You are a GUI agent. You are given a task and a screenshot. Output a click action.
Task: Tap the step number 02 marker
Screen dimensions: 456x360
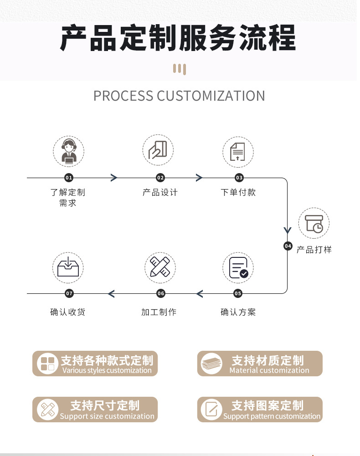click(160, 178)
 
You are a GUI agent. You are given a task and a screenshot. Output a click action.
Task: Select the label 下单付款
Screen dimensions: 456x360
click(238, 192)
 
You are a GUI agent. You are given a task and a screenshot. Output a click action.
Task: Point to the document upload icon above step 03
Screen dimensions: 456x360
click(238, 151)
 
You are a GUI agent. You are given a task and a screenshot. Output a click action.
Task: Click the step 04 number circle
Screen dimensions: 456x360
click(288, 246)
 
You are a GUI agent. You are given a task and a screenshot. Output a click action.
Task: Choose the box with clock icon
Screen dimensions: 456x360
click(314, 224)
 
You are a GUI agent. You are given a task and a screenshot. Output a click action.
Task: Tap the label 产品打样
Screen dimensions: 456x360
click(314, 250)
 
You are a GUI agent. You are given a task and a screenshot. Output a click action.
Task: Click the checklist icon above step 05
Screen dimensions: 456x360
click(238, 267)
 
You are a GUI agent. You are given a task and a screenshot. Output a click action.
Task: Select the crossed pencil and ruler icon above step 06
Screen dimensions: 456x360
click(160, 267)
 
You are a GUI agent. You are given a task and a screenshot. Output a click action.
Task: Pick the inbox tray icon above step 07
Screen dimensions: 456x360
click(68, 267)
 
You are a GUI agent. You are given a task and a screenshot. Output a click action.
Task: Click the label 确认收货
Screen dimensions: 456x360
click(67, 312)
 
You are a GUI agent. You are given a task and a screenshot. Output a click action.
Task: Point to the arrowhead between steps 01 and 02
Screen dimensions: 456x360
click(114, 178)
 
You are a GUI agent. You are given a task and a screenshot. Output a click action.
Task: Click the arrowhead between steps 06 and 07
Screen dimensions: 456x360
click(111, 293)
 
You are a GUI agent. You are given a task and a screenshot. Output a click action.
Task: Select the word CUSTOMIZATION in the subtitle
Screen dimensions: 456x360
click(211, 96)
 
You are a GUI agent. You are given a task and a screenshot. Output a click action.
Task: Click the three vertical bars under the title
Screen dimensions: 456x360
click(180, 69)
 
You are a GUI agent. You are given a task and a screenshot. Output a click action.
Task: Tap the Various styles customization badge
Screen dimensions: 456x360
click(95, 364)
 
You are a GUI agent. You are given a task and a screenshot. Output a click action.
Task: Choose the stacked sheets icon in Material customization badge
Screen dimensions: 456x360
click(212, 364)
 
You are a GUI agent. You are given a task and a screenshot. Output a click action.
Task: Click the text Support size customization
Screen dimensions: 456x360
click(107, 416)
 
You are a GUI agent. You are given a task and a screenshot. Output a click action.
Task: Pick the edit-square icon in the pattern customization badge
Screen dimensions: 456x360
click(211, 409)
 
